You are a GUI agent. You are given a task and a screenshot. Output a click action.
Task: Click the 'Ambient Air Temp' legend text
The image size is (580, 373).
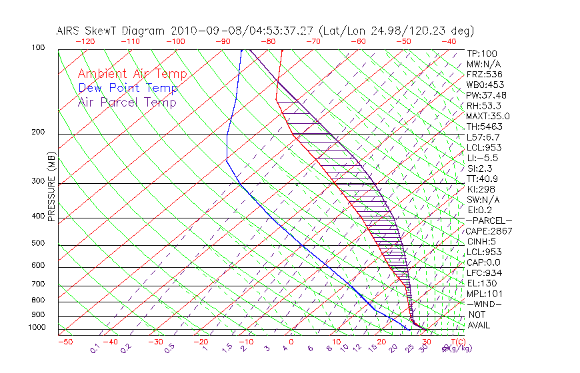[x=132, y=75]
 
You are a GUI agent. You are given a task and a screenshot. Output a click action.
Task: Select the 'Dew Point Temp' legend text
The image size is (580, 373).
[x=128, y=89]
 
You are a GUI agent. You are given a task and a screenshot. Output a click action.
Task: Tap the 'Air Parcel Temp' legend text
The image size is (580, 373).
[x=127, y=103]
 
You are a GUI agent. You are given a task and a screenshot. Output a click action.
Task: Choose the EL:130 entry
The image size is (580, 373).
[x=482, y=283]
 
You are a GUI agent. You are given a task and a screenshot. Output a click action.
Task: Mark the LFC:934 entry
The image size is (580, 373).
[x=485, y=273]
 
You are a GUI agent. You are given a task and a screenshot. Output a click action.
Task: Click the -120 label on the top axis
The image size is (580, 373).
[x=85, y=41]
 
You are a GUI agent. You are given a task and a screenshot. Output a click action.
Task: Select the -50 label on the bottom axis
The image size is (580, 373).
[x=65, y=342]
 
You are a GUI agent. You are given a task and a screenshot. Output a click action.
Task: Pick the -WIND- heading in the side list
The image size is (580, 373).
[x=485, y=304]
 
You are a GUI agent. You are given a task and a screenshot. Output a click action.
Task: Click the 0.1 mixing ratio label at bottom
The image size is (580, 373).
[x=95, y=348]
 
